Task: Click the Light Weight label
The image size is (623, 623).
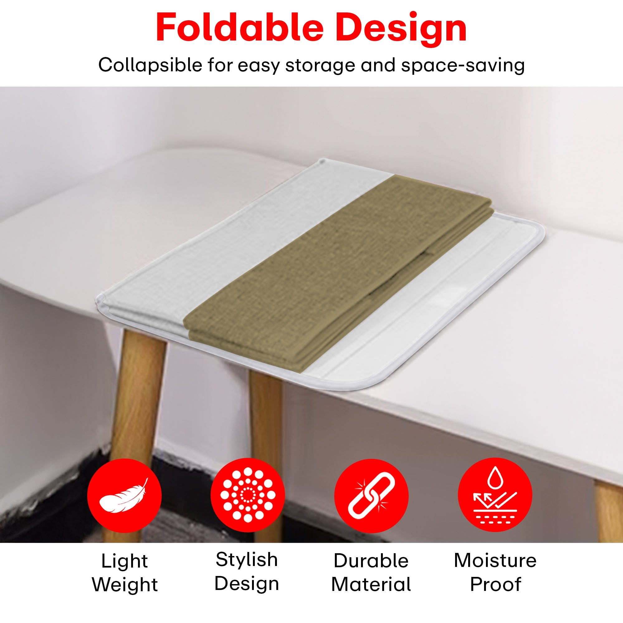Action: [125, 572]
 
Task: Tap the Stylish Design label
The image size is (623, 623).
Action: [247, 571]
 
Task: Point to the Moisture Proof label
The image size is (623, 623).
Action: [495, 571]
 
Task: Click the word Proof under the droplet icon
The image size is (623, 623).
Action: [496, 583]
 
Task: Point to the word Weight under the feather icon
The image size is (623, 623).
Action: [125, 584]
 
